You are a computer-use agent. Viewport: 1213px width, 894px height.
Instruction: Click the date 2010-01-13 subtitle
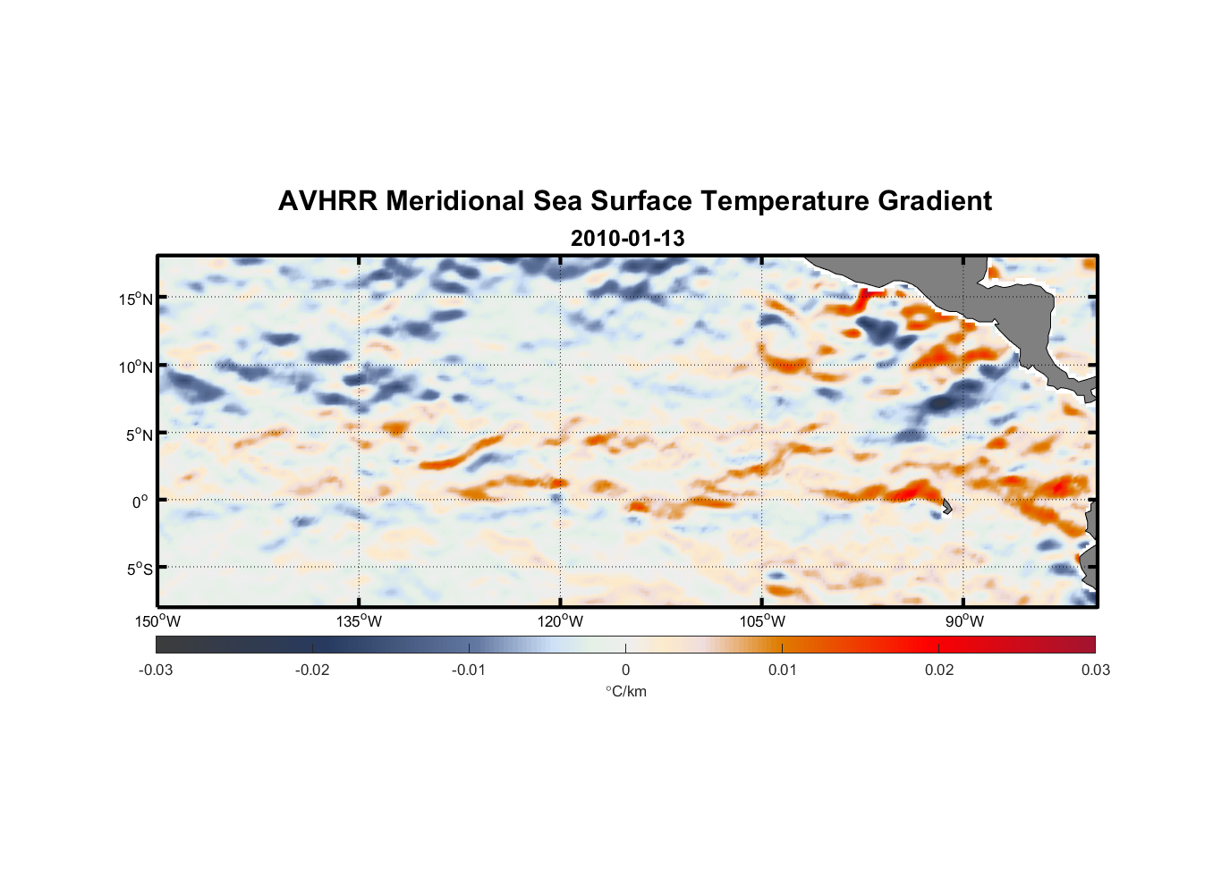627,239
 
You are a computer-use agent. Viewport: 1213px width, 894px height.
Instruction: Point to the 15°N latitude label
135,299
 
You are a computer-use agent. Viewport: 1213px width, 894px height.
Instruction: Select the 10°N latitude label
135,367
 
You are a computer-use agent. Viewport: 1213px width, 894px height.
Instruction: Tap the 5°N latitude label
138,434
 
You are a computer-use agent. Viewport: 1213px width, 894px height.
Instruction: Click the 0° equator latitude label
140,502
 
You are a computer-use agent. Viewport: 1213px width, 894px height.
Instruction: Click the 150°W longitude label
157,621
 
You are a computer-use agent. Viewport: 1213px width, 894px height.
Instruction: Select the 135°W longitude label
359,621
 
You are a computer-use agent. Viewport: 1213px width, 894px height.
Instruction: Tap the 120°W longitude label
560,621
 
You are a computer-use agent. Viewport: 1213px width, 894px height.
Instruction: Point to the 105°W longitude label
762,621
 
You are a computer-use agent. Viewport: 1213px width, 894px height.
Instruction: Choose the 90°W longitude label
964,621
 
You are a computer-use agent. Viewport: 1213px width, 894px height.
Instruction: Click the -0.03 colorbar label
156,670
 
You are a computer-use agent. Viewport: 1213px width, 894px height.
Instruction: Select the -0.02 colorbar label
312,670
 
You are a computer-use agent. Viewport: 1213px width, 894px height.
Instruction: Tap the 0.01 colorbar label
782,670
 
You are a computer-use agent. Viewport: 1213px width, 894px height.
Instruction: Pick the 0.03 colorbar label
1095,670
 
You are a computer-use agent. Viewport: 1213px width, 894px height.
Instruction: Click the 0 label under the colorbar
625,670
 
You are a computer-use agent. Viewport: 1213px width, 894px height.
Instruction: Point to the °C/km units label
625,691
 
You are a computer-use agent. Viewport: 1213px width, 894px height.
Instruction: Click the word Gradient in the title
935,201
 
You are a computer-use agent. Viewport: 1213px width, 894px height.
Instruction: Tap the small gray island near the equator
946,507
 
